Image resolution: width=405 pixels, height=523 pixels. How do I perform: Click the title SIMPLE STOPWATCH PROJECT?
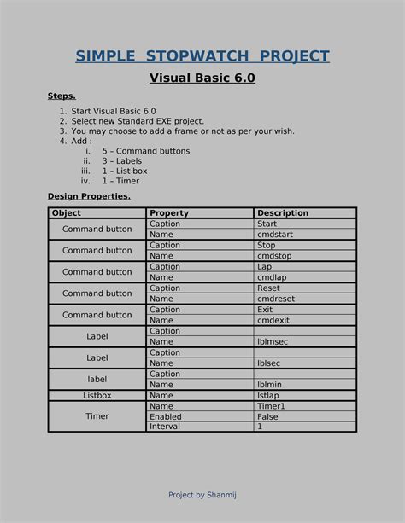point(202,56)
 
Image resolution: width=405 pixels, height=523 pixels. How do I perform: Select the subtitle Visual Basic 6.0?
point(202,78)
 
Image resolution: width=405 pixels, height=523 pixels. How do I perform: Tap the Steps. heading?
point(62,96)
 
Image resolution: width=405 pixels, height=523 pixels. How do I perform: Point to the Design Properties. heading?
point(89,196)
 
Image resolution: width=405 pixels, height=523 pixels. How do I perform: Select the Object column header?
point(67,213)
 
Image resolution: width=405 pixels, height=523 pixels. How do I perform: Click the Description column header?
point(283,213)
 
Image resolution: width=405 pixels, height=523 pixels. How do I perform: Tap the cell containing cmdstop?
point(273,255)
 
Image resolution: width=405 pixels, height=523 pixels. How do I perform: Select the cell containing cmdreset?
point(274,299)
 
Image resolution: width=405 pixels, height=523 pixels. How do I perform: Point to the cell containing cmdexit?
point(272,320)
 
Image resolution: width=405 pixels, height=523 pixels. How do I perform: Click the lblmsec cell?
point(273,341)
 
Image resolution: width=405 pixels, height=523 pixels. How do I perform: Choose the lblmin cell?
point(269,385)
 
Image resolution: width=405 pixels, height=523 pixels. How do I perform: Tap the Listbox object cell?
point(97,396)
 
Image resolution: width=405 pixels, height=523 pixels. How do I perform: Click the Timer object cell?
point(97,416)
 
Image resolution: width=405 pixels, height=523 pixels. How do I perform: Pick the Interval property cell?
point(164,427)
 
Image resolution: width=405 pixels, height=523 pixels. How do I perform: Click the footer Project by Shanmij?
point(202,495)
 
